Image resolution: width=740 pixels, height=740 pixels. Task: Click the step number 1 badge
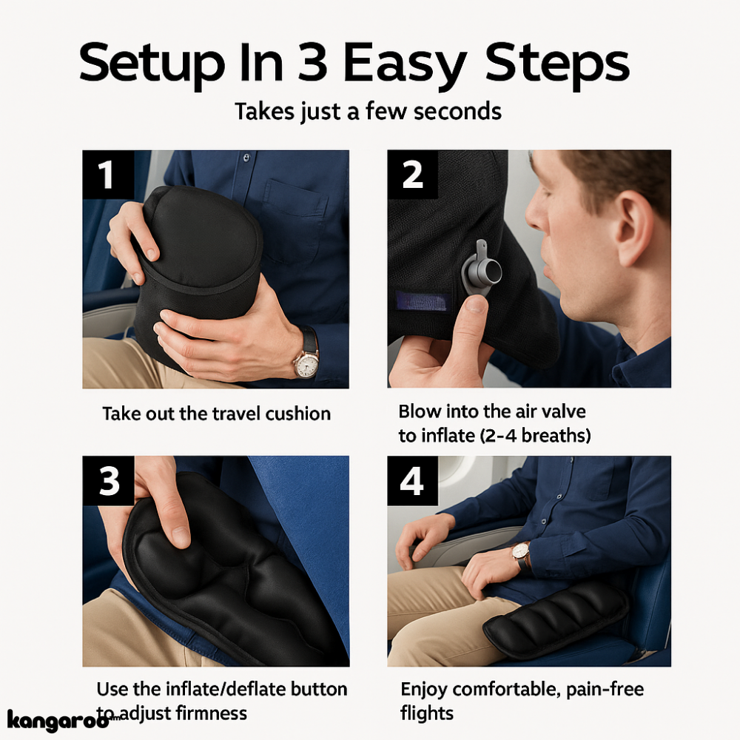pyautogui.click(x=107, y=175)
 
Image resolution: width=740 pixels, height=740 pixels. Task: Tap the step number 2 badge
pyautogui.click(x=412, y=175)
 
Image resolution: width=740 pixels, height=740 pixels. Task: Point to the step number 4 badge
pyautogui.click(x=412, y=482)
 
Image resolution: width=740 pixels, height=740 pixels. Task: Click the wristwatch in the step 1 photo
pyautogui.click(x=306, y=363)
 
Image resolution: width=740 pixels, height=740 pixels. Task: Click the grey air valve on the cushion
pyautogui.click(x=480, y=270)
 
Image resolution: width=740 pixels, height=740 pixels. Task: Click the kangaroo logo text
pyautogui.click(x=55, y=719)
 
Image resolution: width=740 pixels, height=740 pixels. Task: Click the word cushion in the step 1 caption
pyautogui.click(x=296, y=413)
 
